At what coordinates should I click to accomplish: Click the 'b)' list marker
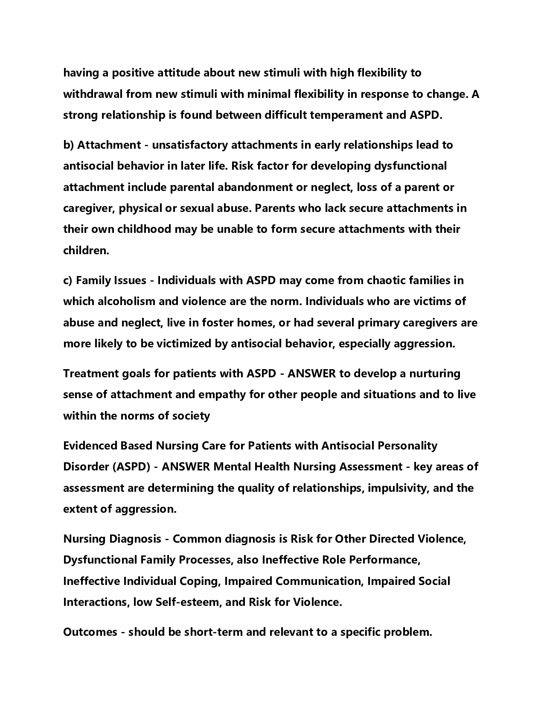[69, 145]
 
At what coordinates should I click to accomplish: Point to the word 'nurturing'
[435, 373]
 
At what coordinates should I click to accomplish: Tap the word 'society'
[191, 415]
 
